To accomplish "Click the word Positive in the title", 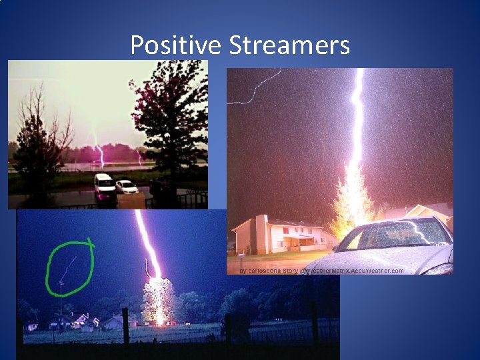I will (176, 45).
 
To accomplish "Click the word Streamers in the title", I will (289, 45).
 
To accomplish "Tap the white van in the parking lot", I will (104, 187).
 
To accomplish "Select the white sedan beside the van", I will (126, 187).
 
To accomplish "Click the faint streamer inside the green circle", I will (69, 267).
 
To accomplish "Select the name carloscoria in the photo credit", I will (265, 271).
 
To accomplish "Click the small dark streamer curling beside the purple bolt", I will (148, 268).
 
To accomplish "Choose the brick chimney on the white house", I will (261, 233).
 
